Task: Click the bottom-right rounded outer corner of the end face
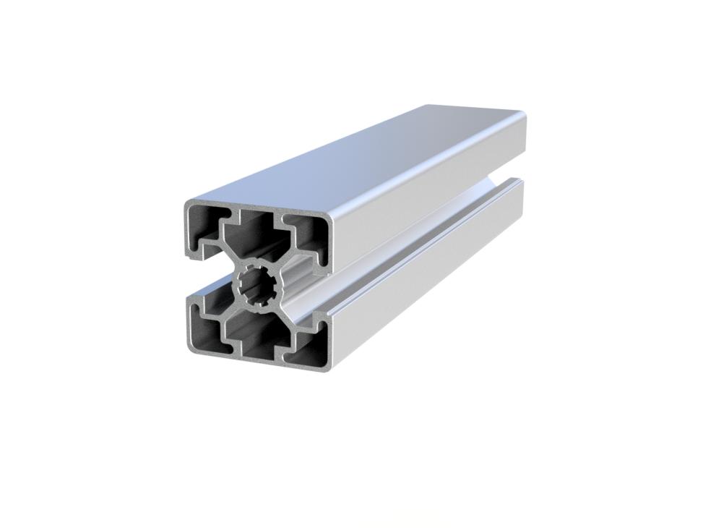tap(329, 365)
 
